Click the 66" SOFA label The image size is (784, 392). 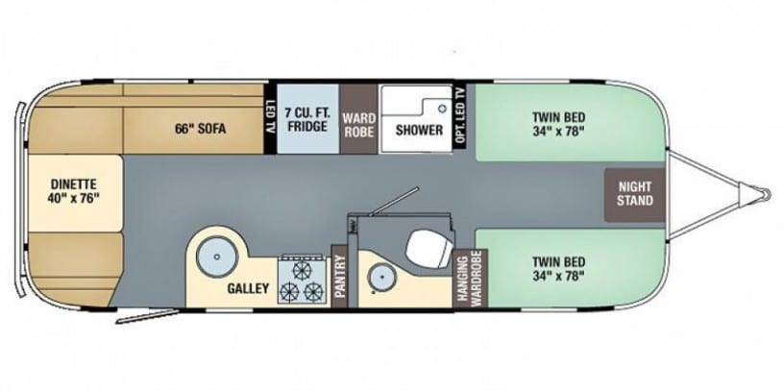[x=200, y=129]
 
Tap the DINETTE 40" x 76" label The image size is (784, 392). [x=73, y=191]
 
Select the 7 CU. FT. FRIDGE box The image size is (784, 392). [x=308, y=118]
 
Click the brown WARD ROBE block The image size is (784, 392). [x=358, y=119]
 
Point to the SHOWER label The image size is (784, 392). [x=419, y=130]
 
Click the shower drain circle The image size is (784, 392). [x=441, y=108]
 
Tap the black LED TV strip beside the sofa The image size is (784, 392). [x=270, y=118]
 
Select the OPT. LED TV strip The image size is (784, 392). [x=460, y=116]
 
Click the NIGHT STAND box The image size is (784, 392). [x=634, y=194]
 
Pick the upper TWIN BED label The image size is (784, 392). [x=558, y=124]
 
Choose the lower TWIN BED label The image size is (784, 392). [x=558, y=268]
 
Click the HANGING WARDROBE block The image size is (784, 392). [x=470, y=278]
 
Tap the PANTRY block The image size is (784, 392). [x=340, y=276]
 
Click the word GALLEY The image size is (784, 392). [x=248, y=288]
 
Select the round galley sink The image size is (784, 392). [x=216, y=257]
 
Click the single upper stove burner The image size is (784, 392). [x=302, y=270]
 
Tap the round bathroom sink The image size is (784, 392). [x=382, y=276]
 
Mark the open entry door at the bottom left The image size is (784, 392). [x=147, y=316]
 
